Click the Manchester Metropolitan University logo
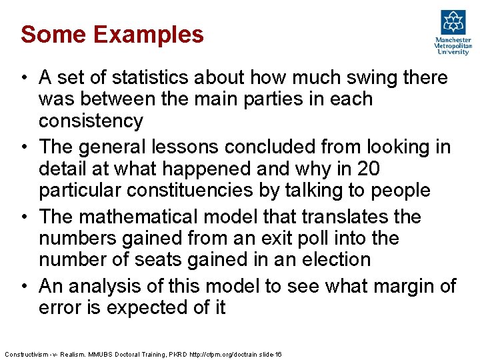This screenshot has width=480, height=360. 453,31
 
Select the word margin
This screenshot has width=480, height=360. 393,286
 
